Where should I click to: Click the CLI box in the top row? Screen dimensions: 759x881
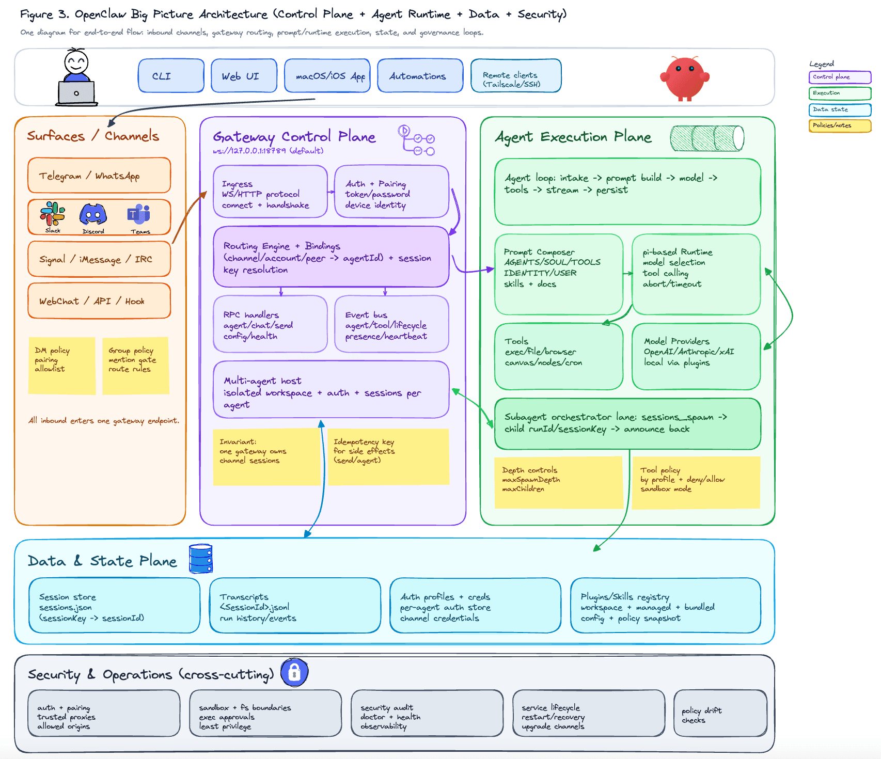(171, 76)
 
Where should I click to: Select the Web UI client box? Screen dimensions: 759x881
(244, 76)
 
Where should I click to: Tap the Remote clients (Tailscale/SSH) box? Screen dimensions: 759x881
(515, 76)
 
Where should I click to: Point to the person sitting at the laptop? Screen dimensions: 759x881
(76, 77)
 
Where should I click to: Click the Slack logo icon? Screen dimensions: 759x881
(53, 215)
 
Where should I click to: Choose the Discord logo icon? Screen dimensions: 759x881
(93, 214)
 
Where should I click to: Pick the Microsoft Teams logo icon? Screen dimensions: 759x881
(139, 214)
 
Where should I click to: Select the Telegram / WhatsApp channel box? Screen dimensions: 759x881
(99, 176)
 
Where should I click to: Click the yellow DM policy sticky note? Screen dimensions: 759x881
(62, 366)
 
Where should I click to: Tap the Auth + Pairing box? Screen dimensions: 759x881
(391, 192)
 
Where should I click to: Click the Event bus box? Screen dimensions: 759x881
(391, 324)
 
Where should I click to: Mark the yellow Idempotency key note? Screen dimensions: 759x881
(388, 457)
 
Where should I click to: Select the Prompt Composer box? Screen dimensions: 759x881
(559, 274)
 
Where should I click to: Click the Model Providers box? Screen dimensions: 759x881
(696, 356)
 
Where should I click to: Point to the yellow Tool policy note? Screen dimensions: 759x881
(696, 483)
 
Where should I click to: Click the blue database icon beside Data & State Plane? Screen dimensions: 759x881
(201, 559)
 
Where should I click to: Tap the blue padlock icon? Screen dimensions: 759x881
(294, 672)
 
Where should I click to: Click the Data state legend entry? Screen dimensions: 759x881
(840, 109)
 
